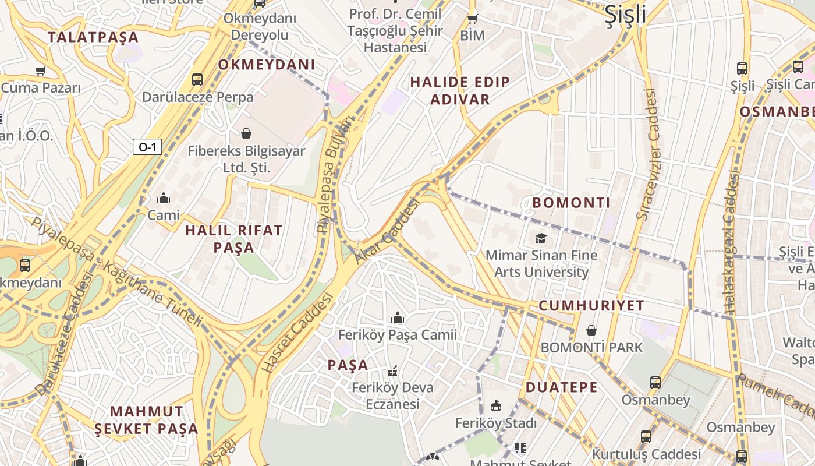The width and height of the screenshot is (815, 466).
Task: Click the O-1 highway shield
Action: (147, 147)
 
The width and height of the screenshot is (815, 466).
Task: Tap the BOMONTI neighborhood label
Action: (571, 203)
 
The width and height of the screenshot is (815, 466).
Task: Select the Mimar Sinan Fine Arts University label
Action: (541, 263)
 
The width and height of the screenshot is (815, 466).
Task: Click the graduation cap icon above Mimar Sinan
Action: (541, 238)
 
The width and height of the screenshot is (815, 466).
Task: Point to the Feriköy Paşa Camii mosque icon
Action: (398, 317)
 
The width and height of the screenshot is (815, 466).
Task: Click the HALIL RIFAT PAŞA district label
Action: (234, 239)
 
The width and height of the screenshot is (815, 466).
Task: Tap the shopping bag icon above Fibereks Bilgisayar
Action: (246, 133)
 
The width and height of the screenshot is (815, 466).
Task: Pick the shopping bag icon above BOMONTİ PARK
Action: (591, 330)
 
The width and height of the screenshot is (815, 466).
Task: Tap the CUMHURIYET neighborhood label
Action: (591, 306)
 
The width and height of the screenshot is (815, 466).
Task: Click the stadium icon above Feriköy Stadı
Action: (496, 405)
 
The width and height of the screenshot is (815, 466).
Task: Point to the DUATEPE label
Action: (562, 387)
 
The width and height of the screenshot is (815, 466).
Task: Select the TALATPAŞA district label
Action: (93, 37)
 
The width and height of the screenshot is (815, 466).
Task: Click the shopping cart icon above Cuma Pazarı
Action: (40, 71)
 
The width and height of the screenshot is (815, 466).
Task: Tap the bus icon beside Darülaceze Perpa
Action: (197, 79)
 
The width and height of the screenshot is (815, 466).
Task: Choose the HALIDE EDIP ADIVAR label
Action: (460, 90)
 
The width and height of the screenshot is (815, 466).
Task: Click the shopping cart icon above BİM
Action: (473, 19)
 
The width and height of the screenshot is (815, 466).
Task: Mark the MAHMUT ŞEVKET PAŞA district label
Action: (147, 420)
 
